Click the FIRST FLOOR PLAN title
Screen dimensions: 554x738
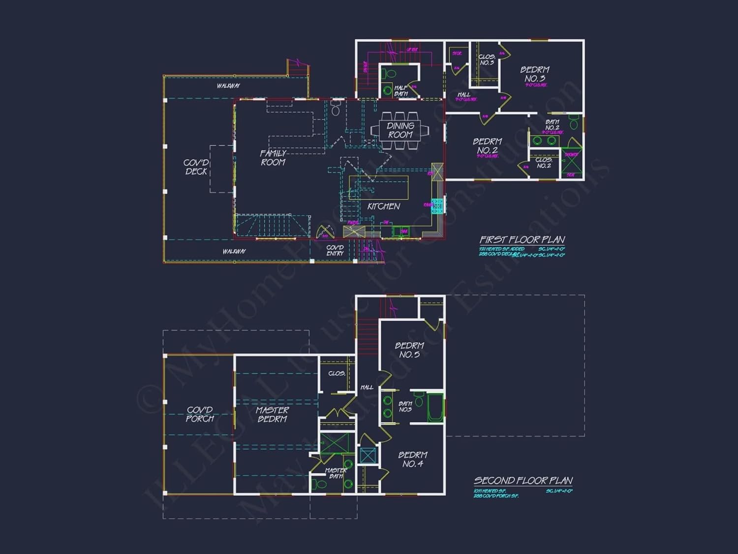pos(522,240)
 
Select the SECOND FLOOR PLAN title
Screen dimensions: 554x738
pos(523,481)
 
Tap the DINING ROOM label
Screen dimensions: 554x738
pos(400,130)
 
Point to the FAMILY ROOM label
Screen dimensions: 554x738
pos(273,158)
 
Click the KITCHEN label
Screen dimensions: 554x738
pos(384,206)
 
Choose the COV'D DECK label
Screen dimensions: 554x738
pos(196,167)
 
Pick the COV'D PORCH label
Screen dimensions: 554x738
pos(200,414)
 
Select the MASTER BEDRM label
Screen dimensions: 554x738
pos(272,414)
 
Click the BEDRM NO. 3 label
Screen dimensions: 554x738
pos(534,74)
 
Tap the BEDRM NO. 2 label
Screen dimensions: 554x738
pos(487,146)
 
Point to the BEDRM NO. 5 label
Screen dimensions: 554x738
pos(409,350)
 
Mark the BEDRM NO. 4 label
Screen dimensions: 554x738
pos(412,459)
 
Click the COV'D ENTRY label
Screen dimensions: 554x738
pos(335,250)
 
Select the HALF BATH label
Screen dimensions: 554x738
pos(401,91)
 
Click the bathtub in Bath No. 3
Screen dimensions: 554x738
pos(435,407)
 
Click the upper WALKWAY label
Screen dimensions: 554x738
pos(228,86)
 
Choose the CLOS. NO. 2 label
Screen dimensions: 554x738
pos(544,163)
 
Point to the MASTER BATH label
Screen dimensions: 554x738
pos(336,473)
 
